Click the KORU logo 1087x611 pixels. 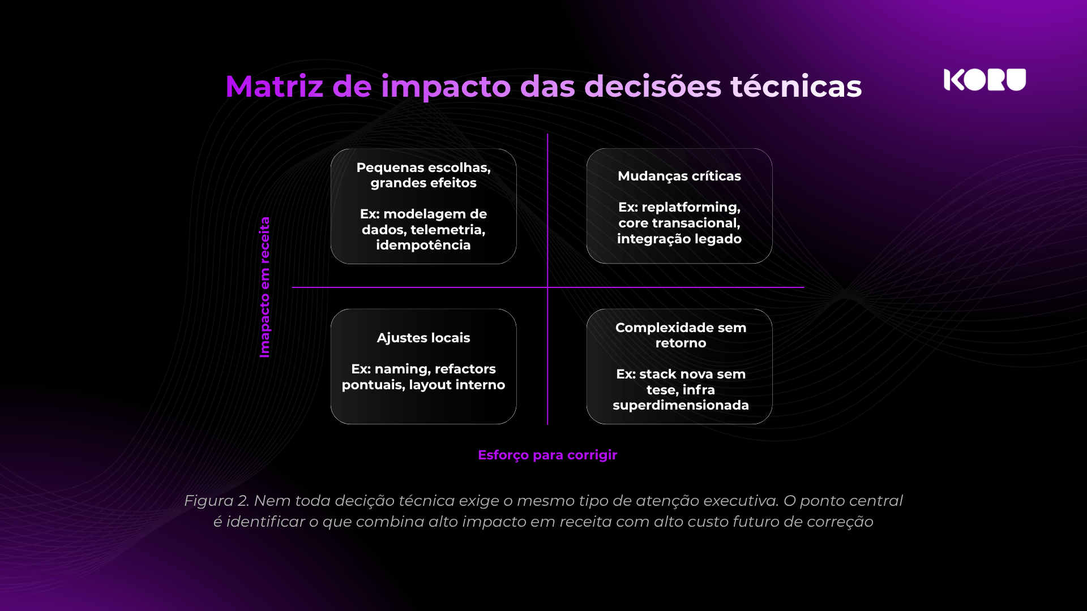pyautogui.click(x=985, y=80)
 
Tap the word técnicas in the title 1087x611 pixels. pyautogui.click(x=796, y=87)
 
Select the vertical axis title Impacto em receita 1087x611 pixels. pyautogui.click(x=264, y=287)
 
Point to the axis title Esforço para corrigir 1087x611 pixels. pyautogui.click(x=547, y=455)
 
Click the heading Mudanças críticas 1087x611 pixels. pyautogui.click(x=679, y=176)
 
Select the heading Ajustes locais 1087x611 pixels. pyautogui.click(x=423, y=338)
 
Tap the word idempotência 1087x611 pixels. pyautogui.click(x=423, y=245)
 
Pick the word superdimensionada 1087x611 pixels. pyautogui.click(x=681, y=405)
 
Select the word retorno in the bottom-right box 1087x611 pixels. pyautogui.click(x=681, y=343)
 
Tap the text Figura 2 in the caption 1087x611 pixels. pyautogui.click(x=216, y=501)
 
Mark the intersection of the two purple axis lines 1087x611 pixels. pyautogui.click(x=547, y=287)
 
